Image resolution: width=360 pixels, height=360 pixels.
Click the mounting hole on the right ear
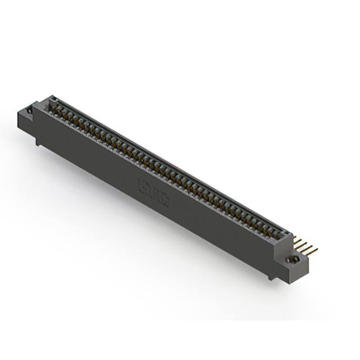pos(292,260)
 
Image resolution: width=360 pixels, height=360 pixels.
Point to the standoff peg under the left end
pos(38,142)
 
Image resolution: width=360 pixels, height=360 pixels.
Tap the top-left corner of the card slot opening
pos(49,99)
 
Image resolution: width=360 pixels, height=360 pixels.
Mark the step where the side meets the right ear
pos(276,247)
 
